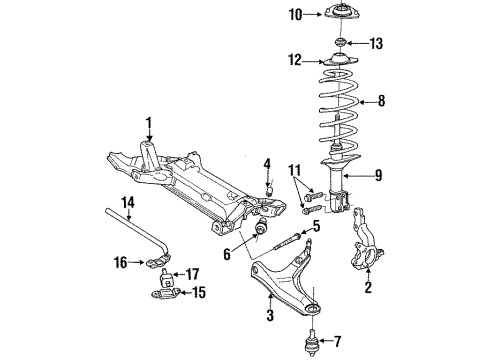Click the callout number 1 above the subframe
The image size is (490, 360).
[149, 124]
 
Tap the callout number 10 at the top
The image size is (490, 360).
[295, 14]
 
